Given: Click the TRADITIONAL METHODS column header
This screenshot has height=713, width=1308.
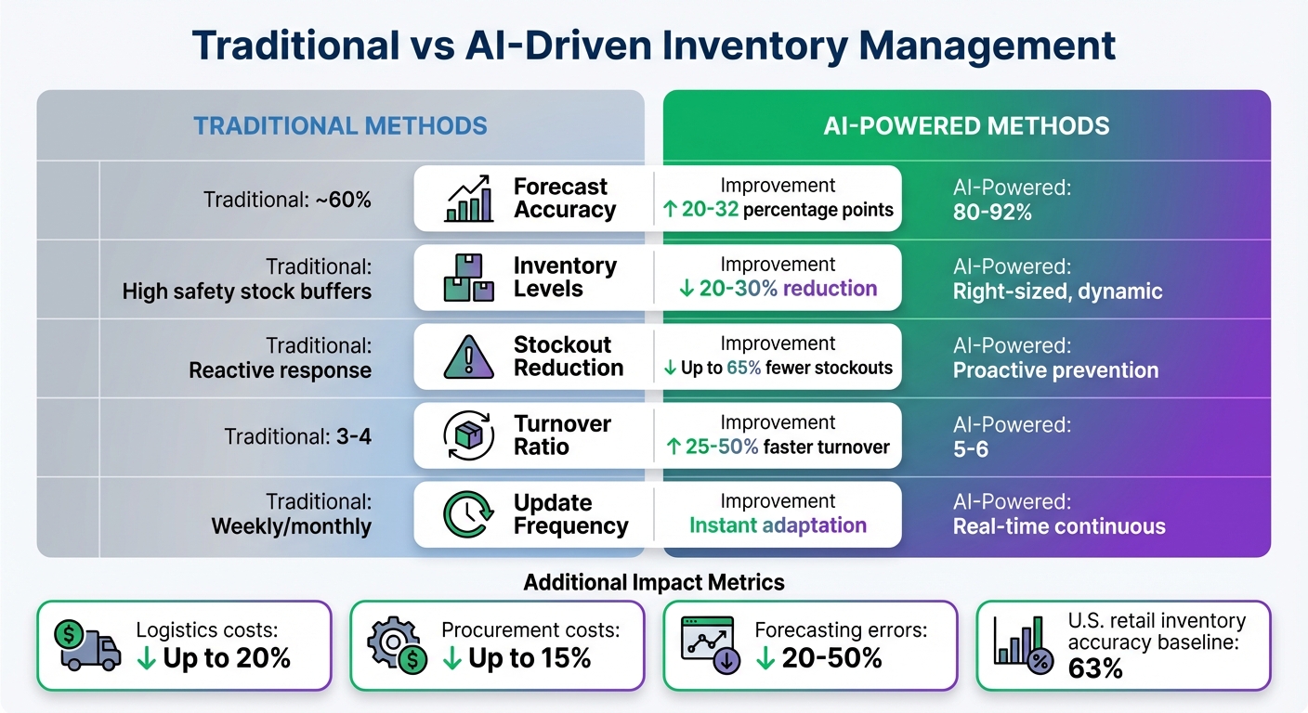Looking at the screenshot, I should (340, 125).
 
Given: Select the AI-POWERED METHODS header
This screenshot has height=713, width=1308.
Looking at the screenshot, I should (966, 125).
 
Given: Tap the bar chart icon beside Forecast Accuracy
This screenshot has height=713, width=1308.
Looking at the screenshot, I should (469, 199).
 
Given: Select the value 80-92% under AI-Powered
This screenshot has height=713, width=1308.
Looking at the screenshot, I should (992, 213).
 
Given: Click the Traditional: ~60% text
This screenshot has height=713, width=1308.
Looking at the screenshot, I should (288, 199).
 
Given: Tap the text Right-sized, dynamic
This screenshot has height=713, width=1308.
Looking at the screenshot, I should (1057, 292).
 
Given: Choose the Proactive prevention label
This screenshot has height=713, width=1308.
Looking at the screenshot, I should (1055, 370).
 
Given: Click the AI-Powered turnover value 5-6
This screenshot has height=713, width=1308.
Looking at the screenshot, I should (971, 449).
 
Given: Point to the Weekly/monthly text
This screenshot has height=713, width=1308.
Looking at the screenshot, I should (292, 527).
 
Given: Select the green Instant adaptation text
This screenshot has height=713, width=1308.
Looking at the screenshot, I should (778, 525).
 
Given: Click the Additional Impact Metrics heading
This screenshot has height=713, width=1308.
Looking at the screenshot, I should (654, 582).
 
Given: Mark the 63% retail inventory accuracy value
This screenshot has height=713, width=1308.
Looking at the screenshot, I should (1096, 668).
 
